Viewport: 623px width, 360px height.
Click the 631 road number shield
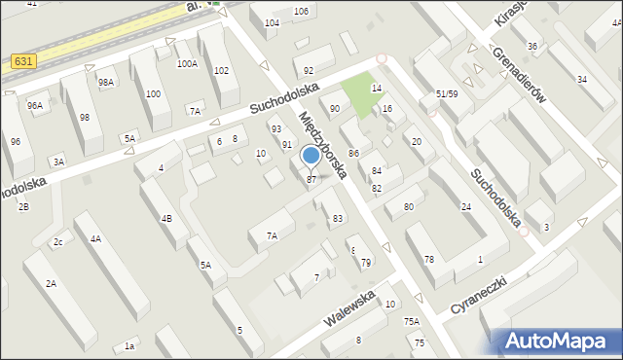[26, 61]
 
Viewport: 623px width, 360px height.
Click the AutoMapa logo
[557, 341]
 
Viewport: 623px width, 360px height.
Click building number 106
[302, 11]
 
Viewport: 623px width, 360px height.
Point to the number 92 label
[309, 71]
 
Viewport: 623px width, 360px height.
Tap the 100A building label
[187, 63]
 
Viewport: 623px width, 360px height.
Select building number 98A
[106, 83]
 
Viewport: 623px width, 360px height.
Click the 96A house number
[35, 105]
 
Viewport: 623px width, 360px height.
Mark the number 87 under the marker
[311, 179]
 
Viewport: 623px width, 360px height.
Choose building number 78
[428, 259]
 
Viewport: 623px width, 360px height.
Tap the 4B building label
[166, 218]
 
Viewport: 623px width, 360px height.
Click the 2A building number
[50, 283]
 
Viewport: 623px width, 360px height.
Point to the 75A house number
[412, 321]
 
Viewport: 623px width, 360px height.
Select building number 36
[531, 46]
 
